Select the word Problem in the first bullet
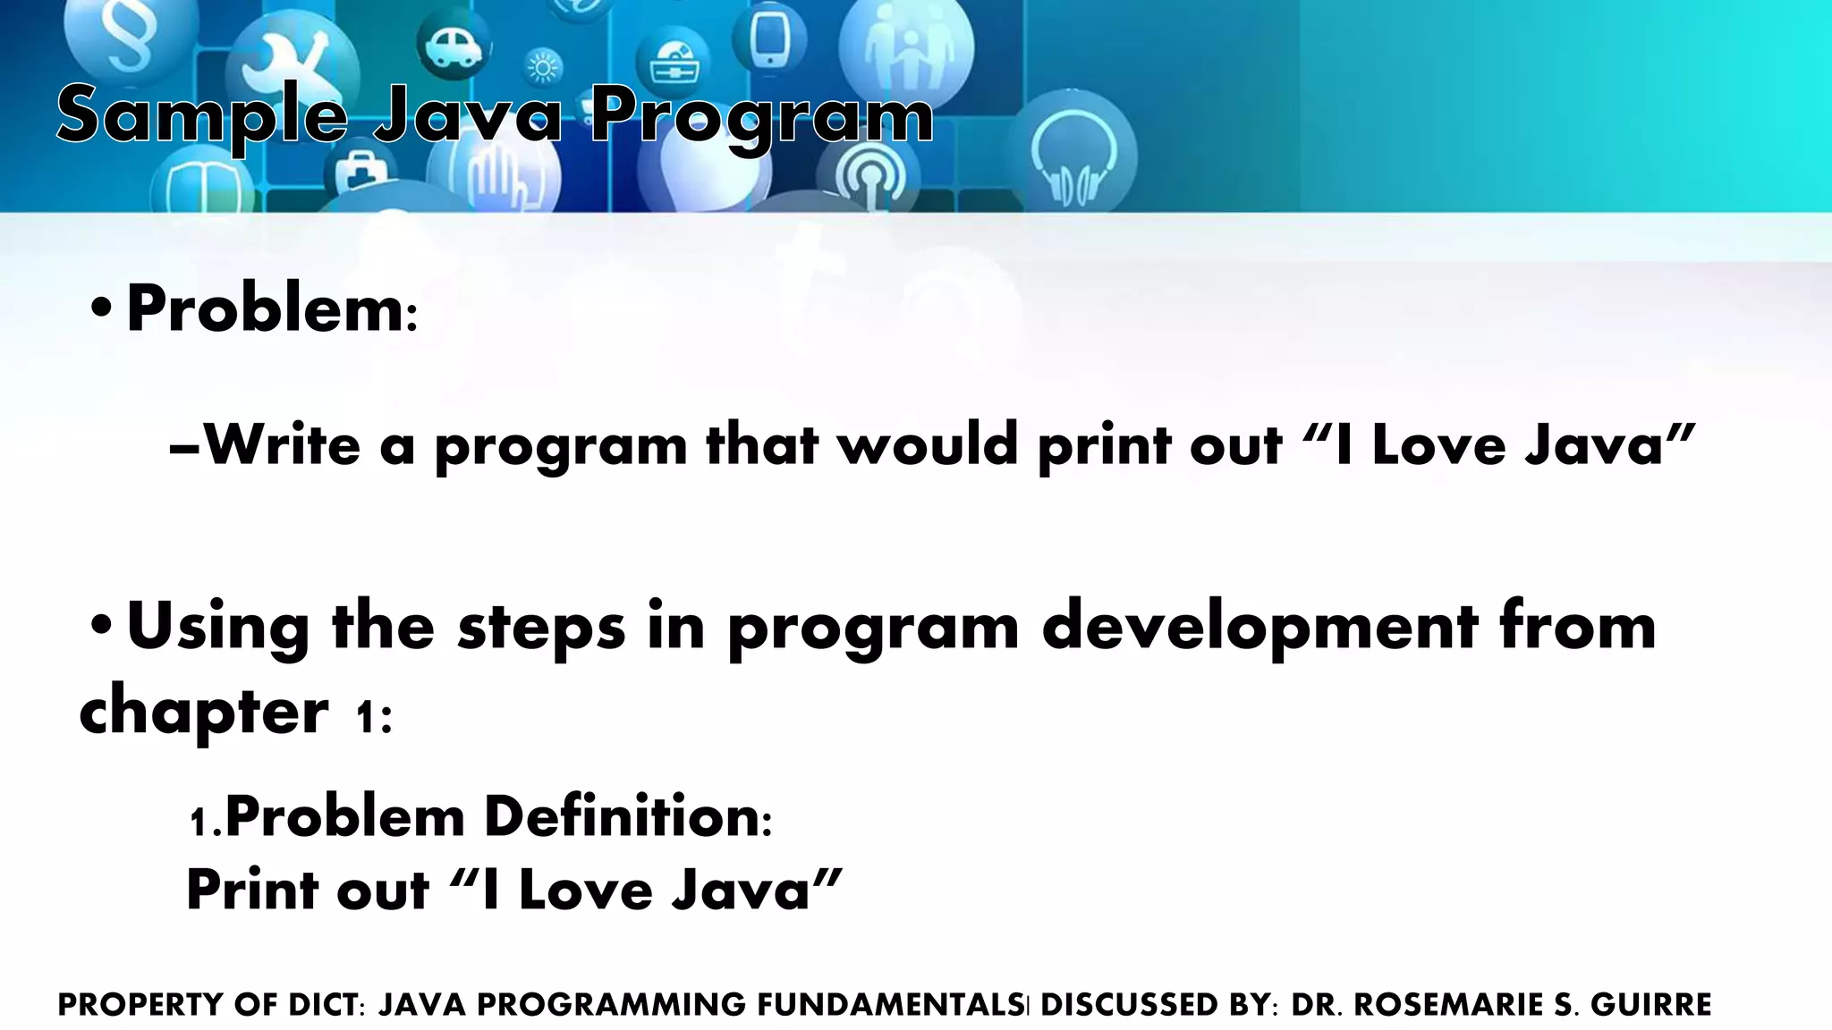pos(266,309)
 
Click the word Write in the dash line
pos(282,444)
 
